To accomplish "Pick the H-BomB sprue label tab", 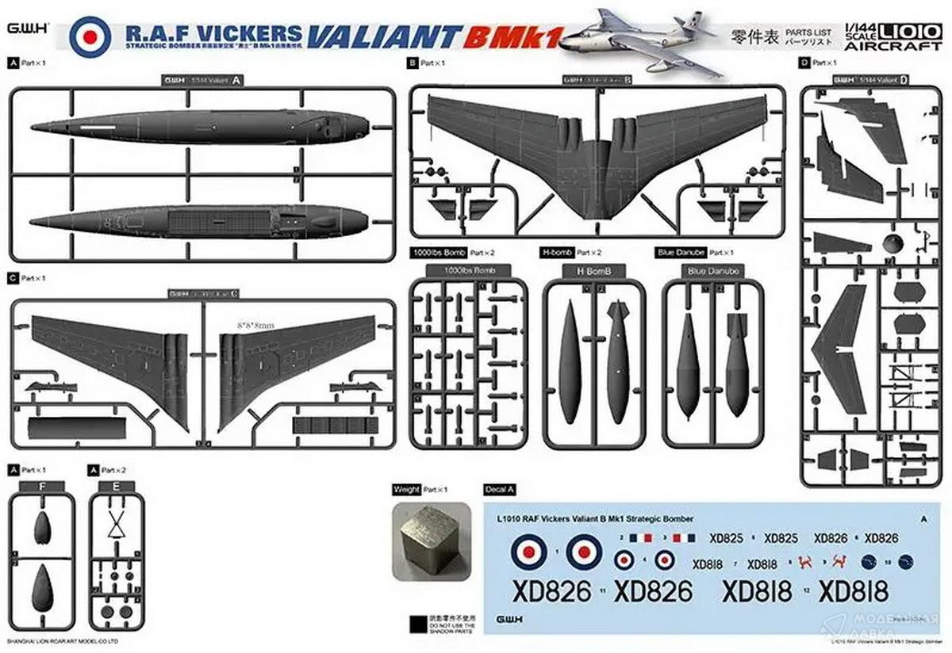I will point(593,271).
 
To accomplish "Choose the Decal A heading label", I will point(500,489).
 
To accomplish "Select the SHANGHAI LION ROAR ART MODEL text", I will point(62,640).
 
